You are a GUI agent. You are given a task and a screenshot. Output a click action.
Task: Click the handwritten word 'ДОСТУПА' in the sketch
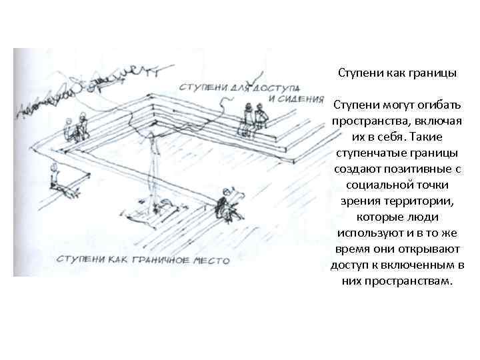click(x=274, y=87)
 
